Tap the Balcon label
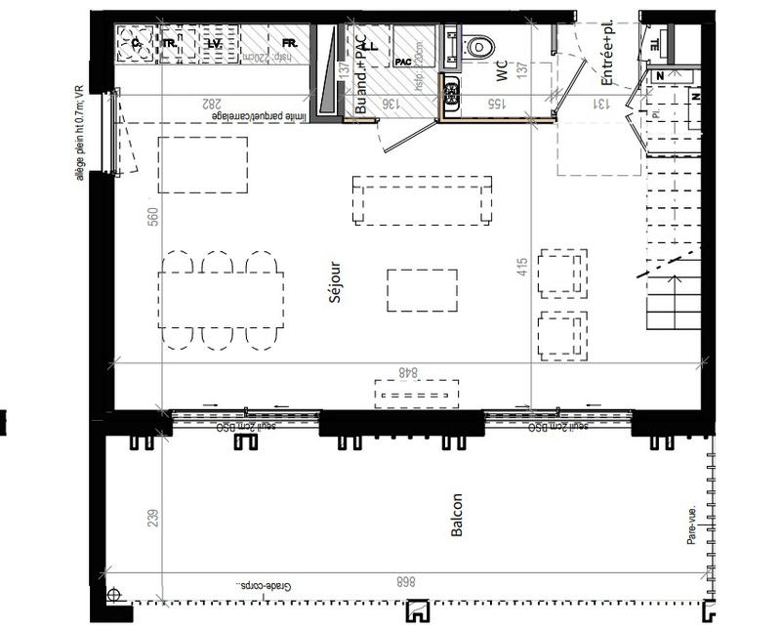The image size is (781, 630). point(458,513)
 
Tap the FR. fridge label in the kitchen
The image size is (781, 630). point(289,44)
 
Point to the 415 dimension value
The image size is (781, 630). point(522,266)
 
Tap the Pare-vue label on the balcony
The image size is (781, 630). point(691,525)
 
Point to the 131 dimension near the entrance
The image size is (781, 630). point(602,103)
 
